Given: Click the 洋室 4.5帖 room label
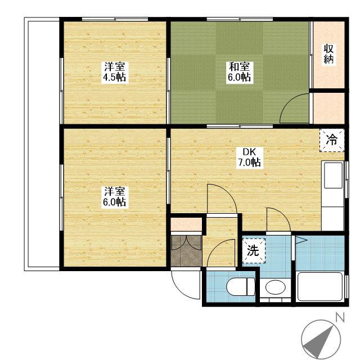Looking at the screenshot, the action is pyautogui.click(x=115, y=72).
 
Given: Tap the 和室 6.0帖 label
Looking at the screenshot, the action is pyautogui.click(x=239, y=72).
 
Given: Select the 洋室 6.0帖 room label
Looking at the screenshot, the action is pyautogui.click(x=115, y=197).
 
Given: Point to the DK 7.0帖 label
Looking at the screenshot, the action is pyautogui.click(x=249, y=157).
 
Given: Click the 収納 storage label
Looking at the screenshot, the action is pyautogui.click(x=328, y=54).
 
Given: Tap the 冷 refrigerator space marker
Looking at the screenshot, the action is pyautogui.click(x=332, y=140).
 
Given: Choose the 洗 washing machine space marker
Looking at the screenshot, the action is pyautogui.click(x=254, y=251).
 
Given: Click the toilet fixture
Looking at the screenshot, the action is pyautogui.click(x=241, y=287).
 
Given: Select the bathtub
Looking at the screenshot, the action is pyautogui.click(x=320, y=286).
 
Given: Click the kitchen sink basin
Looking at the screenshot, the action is pyautogui.click(x=333, y=175).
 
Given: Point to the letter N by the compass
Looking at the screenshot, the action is pyautogui.click(x=340, y=317).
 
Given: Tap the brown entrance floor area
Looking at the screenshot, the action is pyautogui.click(x=186, y=251).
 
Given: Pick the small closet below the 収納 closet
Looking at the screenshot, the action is pyautogui.click(x=328, y=108).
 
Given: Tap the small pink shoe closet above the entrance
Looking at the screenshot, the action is pyautogui.click(x=186, y=224).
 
